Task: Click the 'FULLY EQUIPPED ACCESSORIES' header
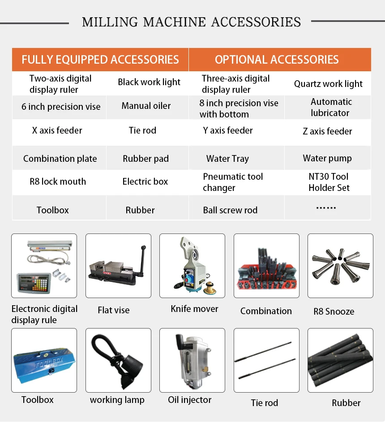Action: (100, 60)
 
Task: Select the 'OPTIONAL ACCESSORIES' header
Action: (277, 60)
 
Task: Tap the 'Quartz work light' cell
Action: (328, 84)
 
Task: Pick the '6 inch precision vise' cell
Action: (61, 107)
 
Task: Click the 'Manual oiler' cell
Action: (146, 106)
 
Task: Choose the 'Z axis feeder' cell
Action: (327, 131)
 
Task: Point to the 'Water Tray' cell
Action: (227, 159)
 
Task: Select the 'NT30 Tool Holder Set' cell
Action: (329, 182)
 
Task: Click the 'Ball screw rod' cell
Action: (230, 210)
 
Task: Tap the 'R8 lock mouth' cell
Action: (58, 182)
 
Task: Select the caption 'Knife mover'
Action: (194, 309)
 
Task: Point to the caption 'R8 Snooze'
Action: (334, 312)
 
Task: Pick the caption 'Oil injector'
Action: (189, 400)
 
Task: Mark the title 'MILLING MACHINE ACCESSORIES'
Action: (191, 22)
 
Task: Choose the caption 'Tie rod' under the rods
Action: (264, 403)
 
